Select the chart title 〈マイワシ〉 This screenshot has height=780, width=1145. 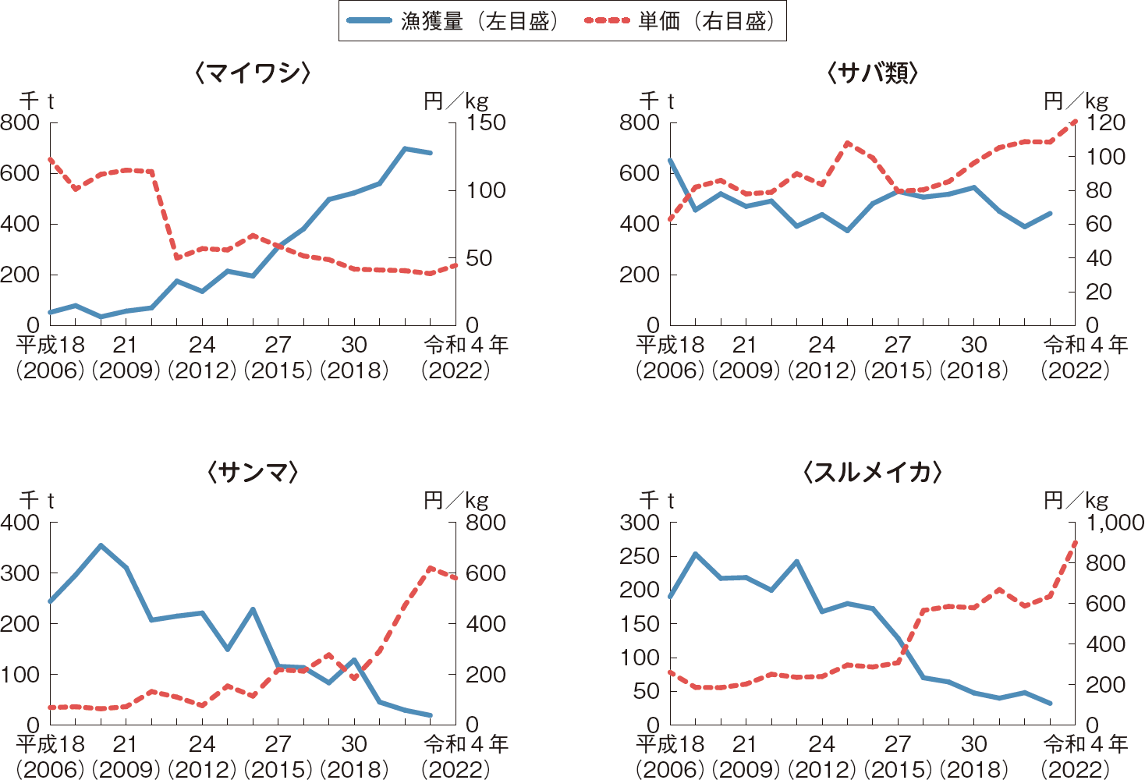pyautogui.click(x=253, y=73)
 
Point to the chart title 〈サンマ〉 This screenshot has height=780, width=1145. pyautogui.click(x=253, y=472)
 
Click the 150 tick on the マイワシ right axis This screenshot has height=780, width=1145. pyautogui.click(x=486, y=122)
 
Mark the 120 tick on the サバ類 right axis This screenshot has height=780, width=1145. pyautogui.click(x=1106, y=122)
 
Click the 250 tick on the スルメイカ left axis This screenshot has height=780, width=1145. pyautogui.click(x=640, y=556)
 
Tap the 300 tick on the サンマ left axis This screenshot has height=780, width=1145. pyautogui.click(x=20, y=573)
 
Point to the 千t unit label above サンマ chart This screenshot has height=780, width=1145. pyautogui.click(x=37, y=500)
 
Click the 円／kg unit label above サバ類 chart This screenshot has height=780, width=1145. pyautogui.click(x=1076, y=101)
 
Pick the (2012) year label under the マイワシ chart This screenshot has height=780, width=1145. pyautogui.click(x=202, y=370)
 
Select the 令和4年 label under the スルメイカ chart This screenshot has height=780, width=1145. pyautogui.click(x=1085, y=744)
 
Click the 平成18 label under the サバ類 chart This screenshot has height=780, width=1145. pyautogui.click(x=670, y=344)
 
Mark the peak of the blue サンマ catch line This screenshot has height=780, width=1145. pyautogui.click(x=101, y=545)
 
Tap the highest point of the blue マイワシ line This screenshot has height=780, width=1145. pyautogui.click(x=405, y=148)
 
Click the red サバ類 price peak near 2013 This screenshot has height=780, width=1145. pyautogui.click(x=848, y=144)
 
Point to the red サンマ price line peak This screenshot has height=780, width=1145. pyautogui.click(x=430, y=568)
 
